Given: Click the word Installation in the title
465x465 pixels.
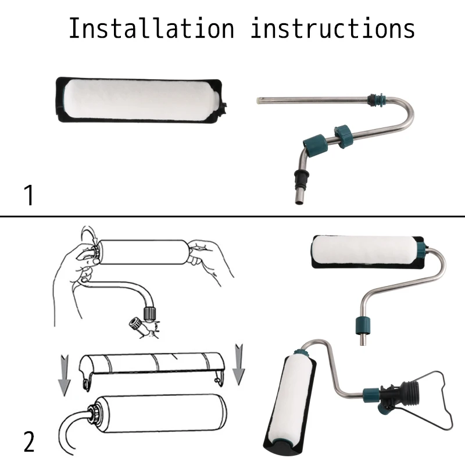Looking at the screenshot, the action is [152, 28].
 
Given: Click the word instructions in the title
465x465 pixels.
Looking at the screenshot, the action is [332, 28].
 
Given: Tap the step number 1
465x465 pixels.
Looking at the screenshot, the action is [29, 195].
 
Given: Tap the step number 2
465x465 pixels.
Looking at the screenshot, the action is [29, 442].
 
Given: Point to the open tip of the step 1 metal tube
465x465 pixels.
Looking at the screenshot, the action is [258, 101].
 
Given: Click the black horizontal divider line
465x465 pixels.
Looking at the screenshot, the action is [233, 216].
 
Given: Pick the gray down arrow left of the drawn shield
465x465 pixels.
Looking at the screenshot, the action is [64, 375].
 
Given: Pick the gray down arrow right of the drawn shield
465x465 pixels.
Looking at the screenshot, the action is [239, 364].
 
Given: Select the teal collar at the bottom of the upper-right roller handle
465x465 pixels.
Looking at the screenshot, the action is [363, 325].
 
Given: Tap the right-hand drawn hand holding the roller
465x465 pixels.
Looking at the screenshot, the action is [208, 258].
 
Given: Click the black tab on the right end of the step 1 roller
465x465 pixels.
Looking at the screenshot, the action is [225, 108].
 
